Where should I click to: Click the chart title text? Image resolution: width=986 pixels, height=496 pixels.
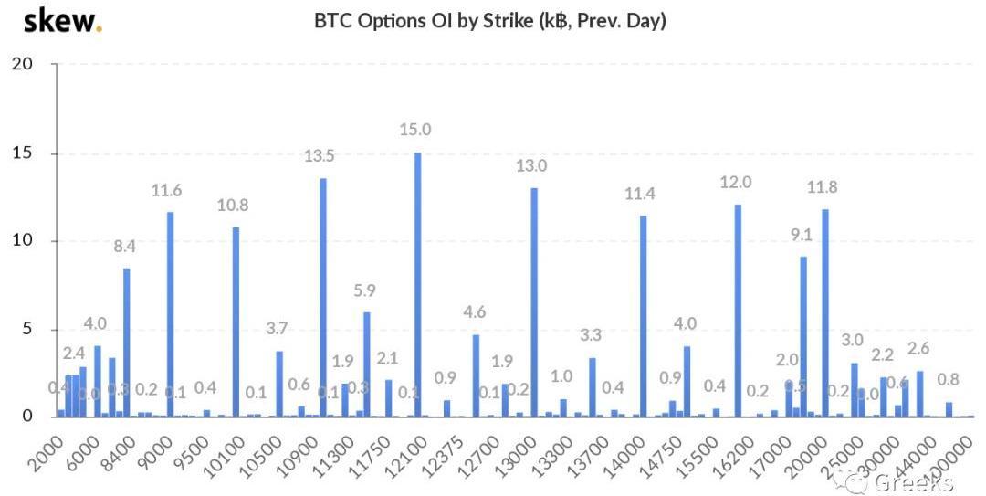tap(489, 21)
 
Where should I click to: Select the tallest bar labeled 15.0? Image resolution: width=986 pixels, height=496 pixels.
tap(418, 283)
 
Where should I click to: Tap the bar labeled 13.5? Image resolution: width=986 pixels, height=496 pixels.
tap(323, 297)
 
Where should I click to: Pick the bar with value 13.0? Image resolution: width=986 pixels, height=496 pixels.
tap(534, 301)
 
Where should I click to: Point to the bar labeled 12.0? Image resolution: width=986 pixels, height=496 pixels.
tap(738, 310)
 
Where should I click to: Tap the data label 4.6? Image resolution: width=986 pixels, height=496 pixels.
tap(476, 312)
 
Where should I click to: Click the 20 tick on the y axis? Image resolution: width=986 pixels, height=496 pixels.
tap(21, 64)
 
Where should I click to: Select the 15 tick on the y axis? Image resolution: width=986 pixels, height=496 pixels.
tap(21, 153)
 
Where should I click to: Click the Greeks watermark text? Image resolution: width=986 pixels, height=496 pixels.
tap(913, 481)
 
